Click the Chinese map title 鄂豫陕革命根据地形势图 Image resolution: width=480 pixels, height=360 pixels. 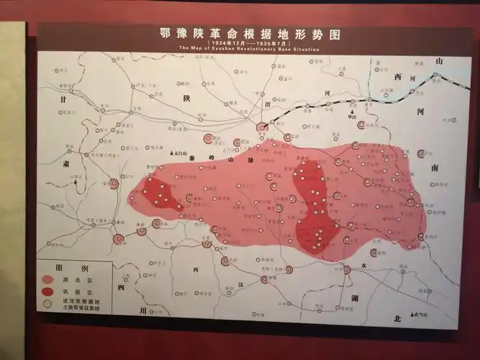pyautogui.click(x=250, y=34)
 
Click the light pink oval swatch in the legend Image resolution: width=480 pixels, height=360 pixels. pyautogui.click(x=48, y=278)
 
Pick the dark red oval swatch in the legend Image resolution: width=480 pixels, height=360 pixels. pyautogui.click(x=48, y=291)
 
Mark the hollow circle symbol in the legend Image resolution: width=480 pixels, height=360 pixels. pyautogui.click(x=48, y=304)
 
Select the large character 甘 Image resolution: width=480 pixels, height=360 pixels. pyautogui.click(x=64, y=101)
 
